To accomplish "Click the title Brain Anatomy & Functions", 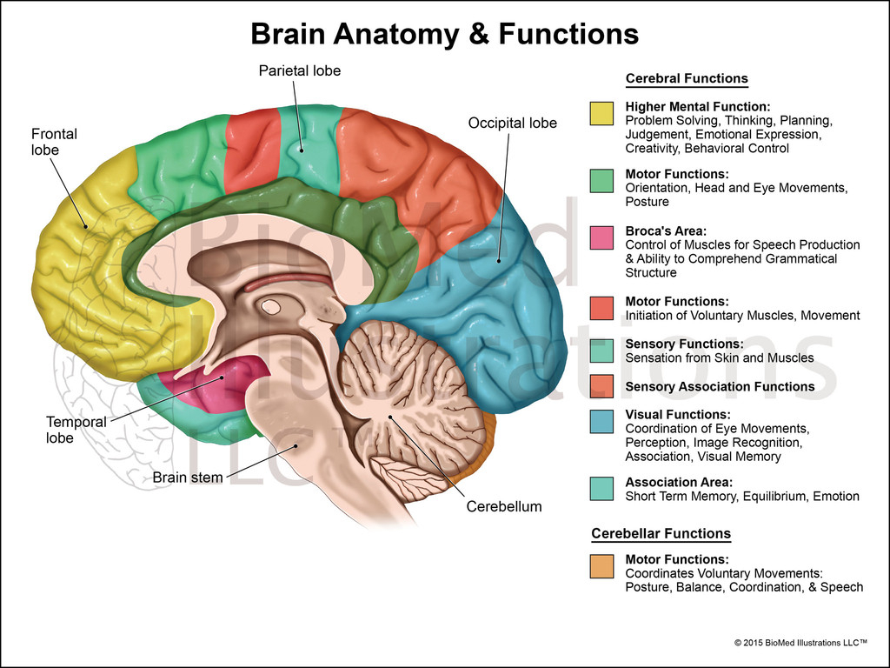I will (444, 34).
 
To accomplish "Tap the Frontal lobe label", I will (54, 142).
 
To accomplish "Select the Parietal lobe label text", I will (300, 70).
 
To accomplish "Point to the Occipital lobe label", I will (513, 123).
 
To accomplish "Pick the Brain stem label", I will (188, 477).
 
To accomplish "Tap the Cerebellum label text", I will (504, 506).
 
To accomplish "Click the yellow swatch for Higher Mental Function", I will (601, 113).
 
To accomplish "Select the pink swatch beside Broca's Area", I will (601, 237).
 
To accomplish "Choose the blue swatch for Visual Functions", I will (601, 421).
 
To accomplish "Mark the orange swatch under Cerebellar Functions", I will (601, 566).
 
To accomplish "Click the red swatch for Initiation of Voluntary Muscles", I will (601, 308).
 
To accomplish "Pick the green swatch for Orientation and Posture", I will (601, 180).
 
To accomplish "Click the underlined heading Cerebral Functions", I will (687, 78).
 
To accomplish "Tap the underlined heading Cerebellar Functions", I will (661, 533).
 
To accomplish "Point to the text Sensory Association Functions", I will (720, 386).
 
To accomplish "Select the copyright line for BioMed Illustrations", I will (800, 643).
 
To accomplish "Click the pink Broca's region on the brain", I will (222, 383).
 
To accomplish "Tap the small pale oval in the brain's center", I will (272, 306).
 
